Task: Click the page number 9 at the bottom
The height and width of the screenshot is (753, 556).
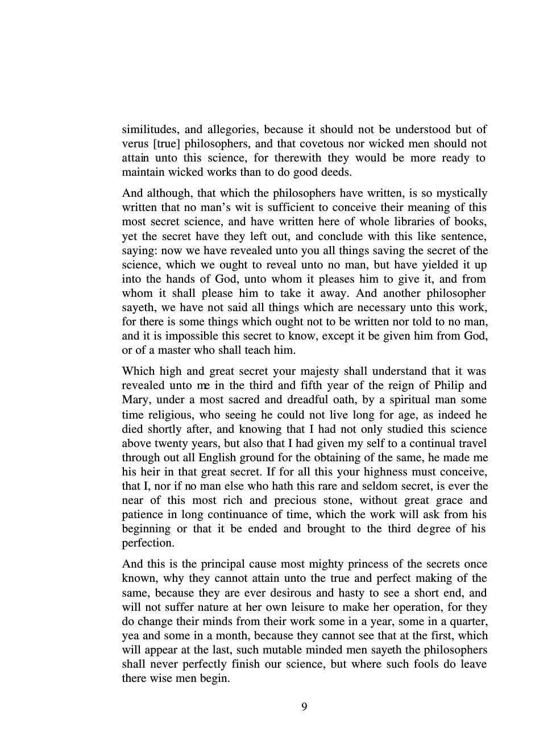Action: pyautogui.click(x=304, y=707)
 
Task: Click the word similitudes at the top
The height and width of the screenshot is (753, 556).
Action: pyautogui.click(x=150, y=130)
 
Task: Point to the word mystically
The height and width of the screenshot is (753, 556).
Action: pyautogui.click(x=460, y=193)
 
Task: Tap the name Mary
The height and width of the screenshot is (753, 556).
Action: pyautogui.click(x=135, y=400)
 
